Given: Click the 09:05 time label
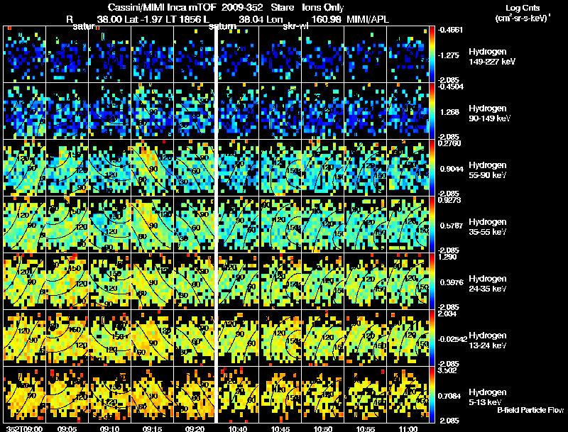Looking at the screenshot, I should click(x=67, y=428).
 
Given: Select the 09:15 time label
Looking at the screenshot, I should click(x=152, y=428).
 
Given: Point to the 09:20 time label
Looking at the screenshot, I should click(x=195, y=428).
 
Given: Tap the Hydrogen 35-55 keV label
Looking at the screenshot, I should click(x=488, y=227).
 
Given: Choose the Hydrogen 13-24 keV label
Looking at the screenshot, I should click(x=488, y=340).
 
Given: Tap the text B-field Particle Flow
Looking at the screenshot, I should click(x=530, y=410).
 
